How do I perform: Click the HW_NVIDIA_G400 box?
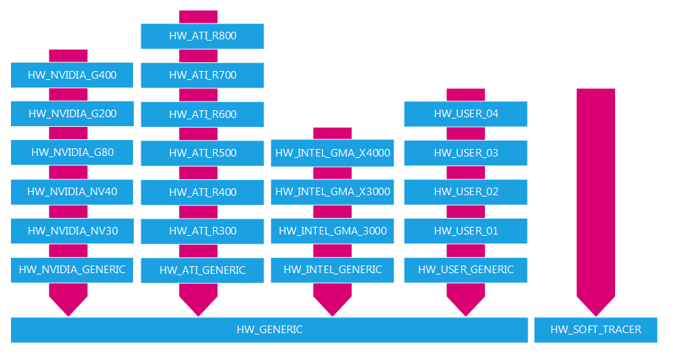[72, 74]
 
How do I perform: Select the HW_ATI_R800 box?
[203, 36]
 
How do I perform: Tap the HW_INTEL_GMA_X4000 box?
[333, 153]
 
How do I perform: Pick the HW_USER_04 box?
[465, 114]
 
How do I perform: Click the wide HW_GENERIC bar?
[270, 330]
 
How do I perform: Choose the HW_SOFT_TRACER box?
[596, 330]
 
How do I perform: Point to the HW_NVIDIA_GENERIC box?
[72, 270]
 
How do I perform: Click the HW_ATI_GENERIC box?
[203, 270]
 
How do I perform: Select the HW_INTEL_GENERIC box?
[333, 270]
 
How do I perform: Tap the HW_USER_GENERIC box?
[465, 270]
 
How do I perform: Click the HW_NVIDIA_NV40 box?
[72, 192]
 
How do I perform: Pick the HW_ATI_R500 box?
[203, 153]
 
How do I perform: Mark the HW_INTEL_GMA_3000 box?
[333, 231]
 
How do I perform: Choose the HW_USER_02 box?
[465, 192]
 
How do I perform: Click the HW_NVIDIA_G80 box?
[72, 152]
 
